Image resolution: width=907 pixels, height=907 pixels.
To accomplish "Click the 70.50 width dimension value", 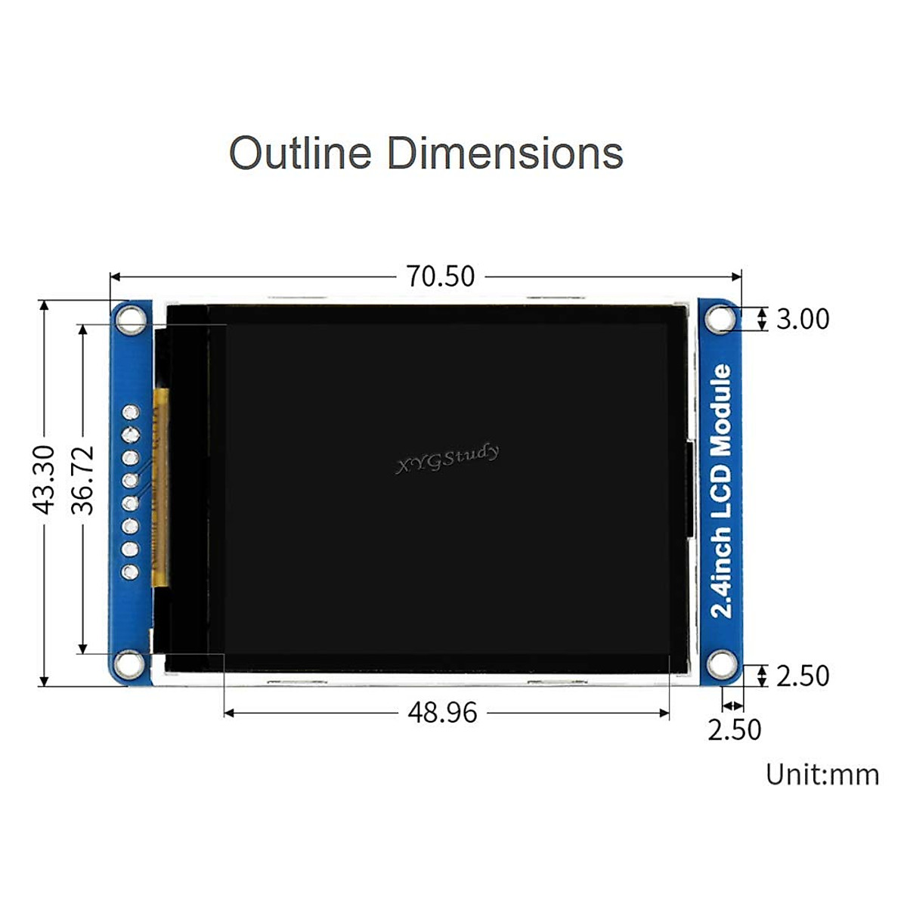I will (x=441, y=277).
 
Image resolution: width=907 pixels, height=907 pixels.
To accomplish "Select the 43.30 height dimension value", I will (x=45, y=479).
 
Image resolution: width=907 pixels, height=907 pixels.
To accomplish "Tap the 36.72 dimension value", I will (x=82, y=479).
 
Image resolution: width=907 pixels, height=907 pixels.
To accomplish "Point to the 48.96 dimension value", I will (x=442, y=713).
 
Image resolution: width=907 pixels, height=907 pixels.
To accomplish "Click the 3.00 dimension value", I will (x=803, y=319).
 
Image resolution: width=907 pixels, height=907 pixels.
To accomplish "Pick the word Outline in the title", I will (x=301, y=153).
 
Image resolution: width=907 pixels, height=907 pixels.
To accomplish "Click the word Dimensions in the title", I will (x=505, y=153).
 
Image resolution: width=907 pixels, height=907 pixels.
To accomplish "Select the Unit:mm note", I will (x=822, y=775).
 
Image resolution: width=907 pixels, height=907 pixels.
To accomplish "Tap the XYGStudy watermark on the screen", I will (x=447, y=459).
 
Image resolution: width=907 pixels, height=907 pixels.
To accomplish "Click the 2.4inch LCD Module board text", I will (x=722, y=491).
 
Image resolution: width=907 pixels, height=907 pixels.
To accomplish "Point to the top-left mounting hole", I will (x=132, y=319).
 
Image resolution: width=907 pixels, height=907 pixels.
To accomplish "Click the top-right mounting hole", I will (x=721, y=319).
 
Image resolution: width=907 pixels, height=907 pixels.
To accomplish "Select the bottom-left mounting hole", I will (x=132, y=664).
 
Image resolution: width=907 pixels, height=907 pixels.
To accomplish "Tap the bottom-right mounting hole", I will (x=722, y=665).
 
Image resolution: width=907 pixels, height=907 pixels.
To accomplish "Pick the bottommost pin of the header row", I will (x=132, y=571).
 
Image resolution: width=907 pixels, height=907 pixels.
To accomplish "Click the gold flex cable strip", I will (x=160, y=488).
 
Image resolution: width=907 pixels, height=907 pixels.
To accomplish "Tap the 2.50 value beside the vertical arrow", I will (x=803, y=676).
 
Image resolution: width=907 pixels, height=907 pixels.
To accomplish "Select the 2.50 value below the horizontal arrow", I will (x=734, y=730).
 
